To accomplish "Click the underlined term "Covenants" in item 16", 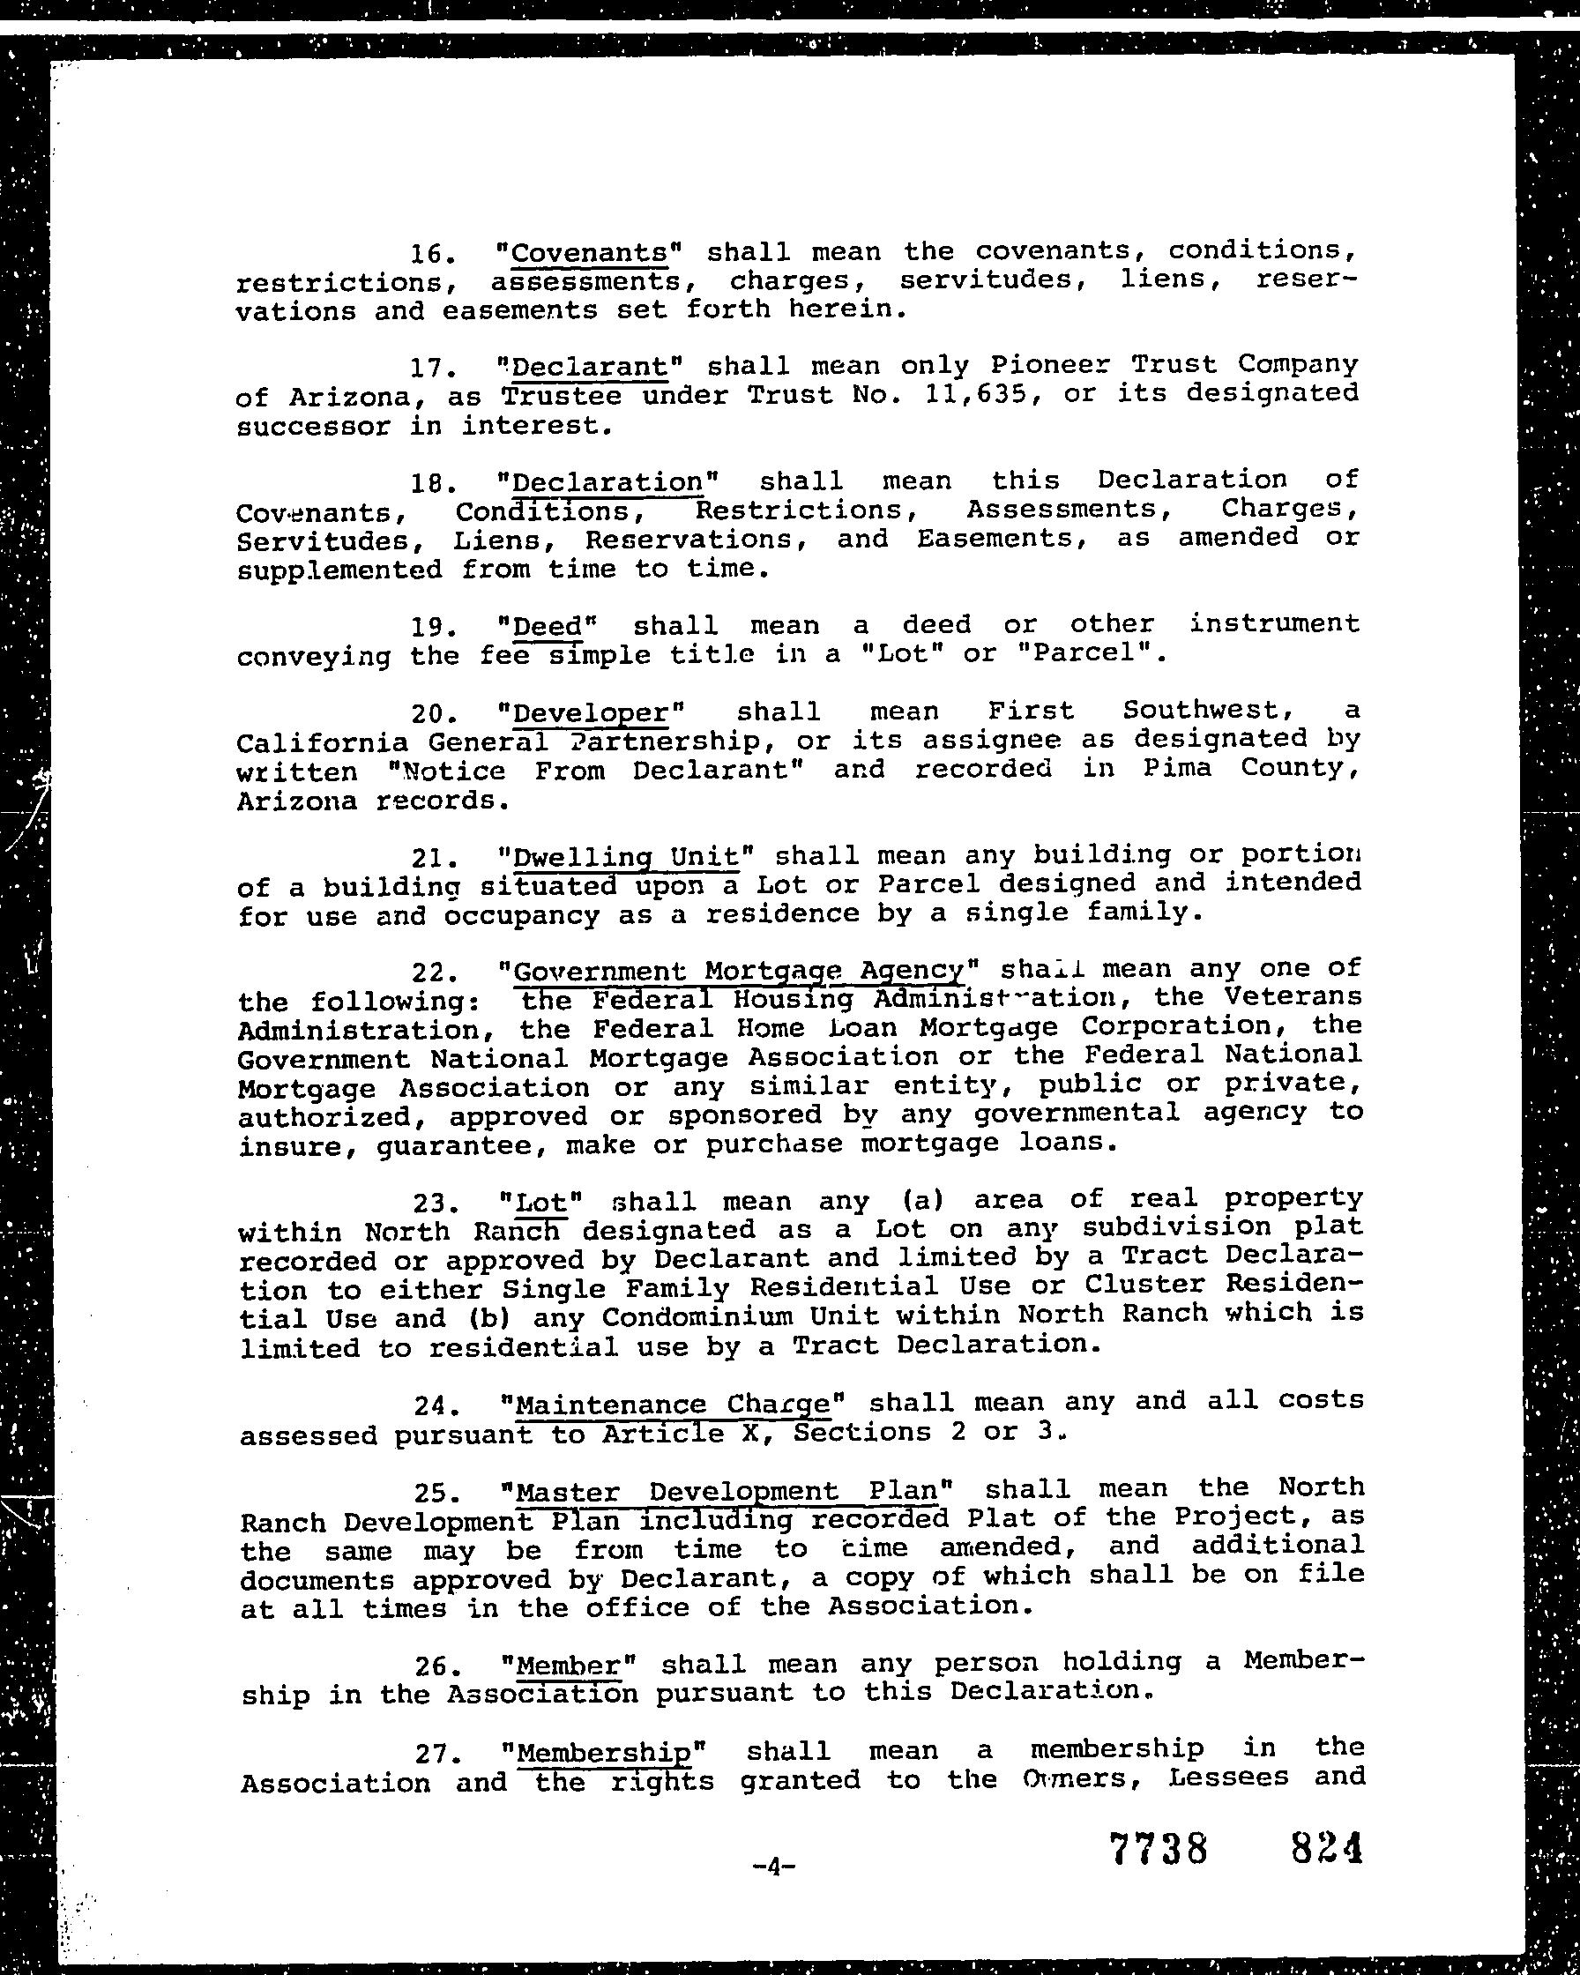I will (x=589, y=252).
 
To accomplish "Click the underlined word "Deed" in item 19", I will (x=547, y=627).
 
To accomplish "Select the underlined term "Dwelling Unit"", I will (x=626, y=857).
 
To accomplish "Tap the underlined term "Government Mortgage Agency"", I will (x=739, y=971).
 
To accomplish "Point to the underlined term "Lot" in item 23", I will (x=542, y=1202).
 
